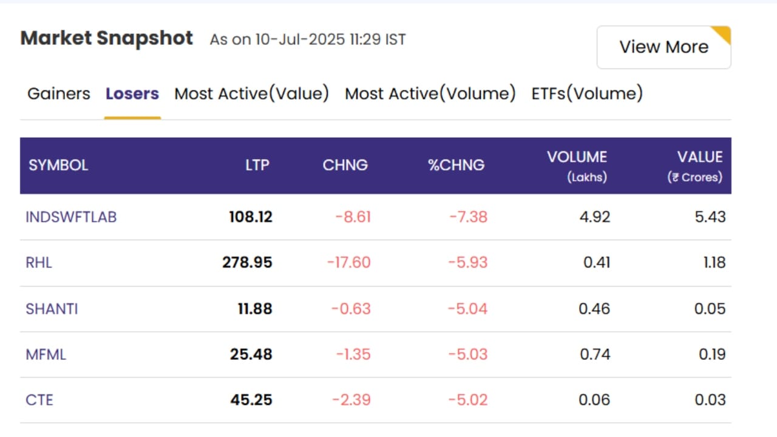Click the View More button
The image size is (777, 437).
coord(663,47)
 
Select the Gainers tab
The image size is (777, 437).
coord(59,93)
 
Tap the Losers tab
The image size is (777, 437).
coord(132,93)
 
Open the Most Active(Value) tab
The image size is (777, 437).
coord(251,93)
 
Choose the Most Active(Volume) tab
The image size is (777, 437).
coord(430,93)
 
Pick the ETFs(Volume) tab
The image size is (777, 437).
coord(587,93)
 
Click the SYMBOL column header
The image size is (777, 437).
coord(58,165)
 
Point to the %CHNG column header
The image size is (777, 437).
coord(456,165)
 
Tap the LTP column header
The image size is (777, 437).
coord(257,165)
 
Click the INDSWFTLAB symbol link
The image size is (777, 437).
coord(71,217)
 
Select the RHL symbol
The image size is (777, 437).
coord(39,263)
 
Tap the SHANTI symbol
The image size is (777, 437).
coord(52,309)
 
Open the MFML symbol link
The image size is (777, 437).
coord(46,354)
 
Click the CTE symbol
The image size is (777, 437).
coord(39,400)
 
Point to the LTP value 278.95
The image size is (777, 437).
coord(247,263)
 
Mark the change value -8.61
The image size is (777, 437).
coord(353,217)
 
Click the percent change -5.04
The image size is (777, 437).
coord(467,309)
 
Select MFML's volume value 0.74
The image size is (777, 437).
coord(595,354)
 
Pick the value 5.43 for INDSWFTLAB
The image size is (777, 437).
coord(710,217)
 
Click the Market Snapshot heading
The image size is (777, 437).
coord(106,38)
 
